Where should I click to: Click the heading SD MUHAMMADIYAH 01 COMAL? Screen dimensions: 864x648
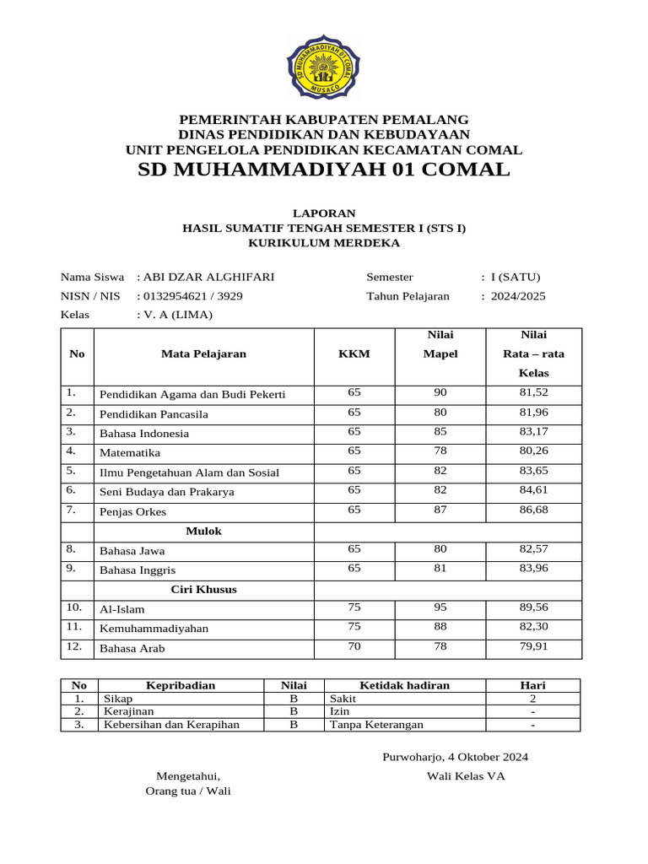(x=324, y=170)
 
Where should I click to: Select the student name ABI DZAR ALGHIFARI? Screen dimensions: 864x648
(x=208, y=277)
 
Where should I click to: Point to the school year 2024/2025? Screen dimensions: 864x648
(x=518, y=296)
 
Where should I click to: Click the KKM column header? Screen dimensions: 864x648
(x=354, y=354)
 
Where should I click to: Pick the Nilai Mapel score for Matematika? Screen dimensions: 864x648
(x=440, y=451)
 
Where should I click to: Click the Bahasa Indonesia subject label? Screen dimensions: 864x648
(x=144, y=434)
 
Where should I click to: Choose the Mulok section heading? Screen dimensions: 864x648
(x=203, y=531)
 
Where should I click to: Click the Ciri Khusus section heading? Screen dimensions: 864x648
(x=203, y=589)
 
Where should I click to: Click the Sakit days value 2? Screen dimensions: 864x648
(x=532, y=699)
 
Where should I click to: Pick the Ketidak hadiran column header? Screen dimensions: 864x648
(x=404, y=685)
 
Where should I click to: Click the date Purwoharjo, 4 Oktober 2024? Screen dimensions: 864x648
(x=455, y=757)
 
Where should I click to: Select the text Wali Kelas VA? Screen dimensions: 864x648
(x=466, y=776)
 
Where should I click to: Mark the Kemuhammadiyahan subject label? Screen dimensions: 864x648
(x=154, y=629)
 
